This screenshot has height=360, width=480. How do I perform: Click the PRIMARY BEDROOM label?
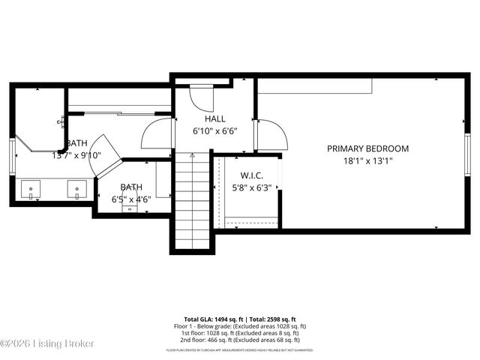(367, 148)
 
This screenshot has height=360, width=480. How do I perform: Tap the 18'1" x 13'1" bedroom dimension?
(367, 160)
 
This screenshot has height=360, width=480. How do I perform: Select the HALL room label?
(214, 118)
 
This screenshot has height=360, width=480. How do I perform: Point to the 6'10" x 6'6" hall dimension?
(214, 130)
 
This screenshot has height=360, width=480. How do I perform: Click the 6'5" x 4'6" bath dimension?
(132, 199)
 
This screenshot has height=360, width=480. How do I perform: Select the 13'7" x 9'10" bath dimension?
(79, 155)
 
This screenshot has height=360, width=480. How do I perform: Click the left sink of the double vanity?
(31, 188)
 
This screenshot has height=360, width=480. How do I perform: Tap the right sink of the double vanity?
(77, 188)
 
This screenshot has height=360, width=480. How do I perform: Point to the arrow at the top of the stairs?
(192, 156)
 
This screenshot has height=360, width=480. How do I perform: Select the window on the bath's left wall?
(13, 156)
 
